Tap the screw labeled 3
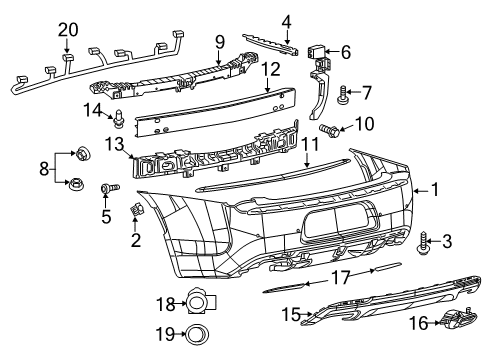[x=423, y=240]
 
